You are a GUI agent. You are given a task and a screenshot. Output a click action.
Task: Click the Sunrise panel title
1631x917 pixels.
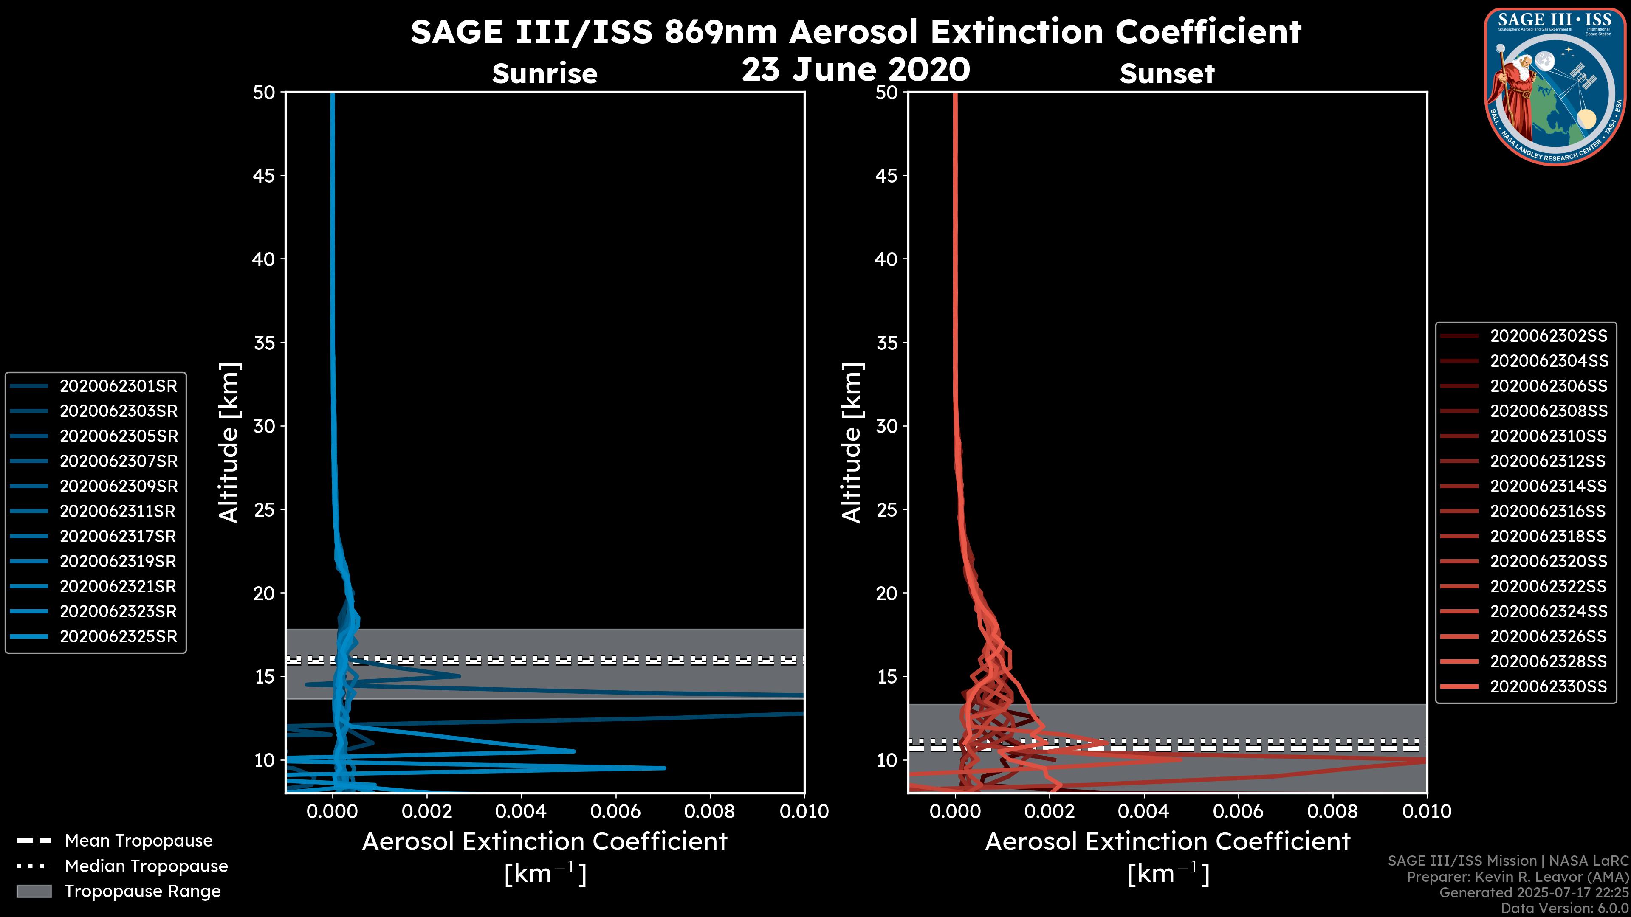(x=545, y=74)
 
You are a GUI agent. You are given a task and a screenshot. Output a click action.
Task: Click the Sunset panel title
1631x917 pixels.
(x=1166, y=74)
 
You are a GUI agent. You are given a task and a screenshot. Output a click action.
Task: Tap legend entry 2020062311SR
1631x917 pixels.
(x=117, y=511)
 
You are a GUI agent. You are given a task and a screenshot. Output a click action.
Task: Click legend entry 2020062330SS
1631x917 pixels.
(x=1548, y=686)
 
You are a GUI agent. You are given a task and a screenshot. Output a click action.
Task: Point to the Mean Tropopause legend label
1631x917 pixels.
(x=138, y=841)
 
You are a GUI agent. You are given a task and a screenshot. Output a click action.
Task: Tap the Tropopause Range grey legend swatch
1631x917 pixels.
(x=34, y=892)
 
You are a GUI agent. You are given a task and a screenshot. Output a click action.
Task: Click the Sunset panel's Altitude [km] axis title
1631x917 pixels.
(x=852, y=443)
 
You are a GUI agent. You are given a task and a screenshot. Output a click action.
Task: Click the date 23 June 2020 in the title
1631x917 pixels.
(x=855, y=70)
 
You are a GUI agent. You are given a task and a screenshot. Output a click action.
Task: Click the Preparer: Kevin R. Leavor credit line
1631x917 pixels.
(x=1517, y=877)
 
